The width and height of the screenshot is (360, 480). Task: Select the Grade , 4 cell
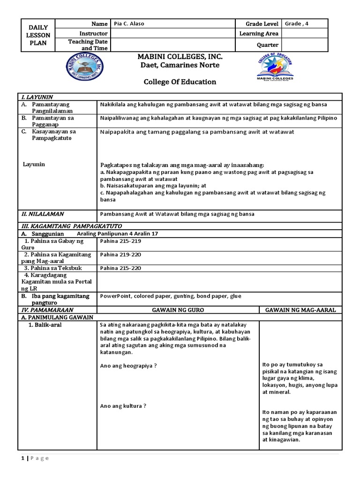point(295,24)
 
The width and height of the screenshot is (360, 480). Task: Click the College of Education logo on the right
point(275,68)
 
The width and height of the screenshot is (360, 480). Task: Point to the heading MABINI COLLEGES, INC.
point(180,57)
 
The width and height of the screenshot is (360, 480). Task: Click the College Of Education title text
point(180,82)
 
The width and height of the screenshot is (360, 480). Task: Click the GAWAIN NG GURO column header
point(178,310)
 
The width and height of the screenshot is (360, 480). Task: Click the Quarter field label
point(268,45)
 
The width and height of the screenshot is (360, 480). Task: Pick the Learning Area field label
point(259,34)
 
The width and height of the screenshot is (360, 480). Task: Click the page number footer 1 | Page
point(35,458)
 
